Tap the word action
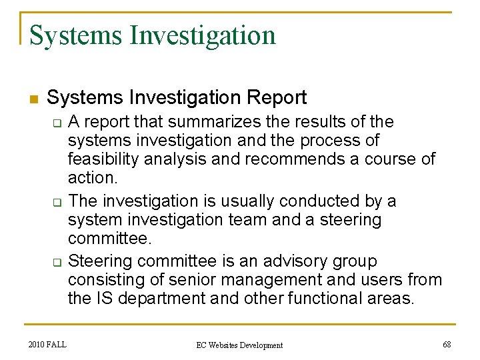click(x=92, y=178)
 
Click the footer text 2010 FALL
click(x=47, y=345)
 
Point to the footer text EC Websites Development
click(x=239, y=345)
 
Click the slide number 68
click(x=446, y=345)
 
